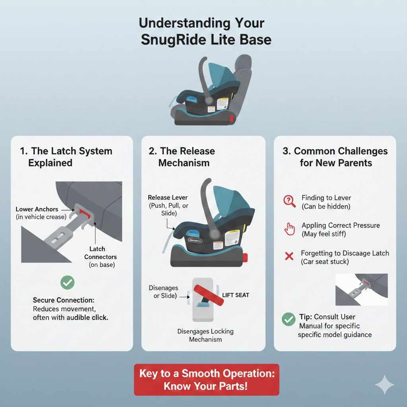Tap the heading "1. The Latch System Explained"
66,157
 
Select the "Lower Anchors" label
37,209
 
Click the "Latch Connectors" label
97,253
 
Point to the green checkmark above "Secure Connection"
67,283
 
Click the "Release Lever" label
168,198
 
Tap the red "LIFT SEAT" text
236,295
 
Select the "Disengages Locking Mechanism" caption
205,335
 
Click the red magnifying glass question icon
289,201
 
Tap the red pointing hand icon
290,229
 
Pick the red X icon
289,256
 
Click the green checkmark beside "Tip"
288,319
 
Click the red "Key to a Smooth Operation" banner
206,380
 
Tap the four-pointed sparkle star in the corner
385,384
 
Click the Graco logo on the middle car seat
195,240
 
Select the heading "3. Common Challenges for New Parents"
335,157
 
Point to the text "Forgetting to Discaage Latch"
345,253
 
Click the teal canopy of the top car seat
225,76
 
